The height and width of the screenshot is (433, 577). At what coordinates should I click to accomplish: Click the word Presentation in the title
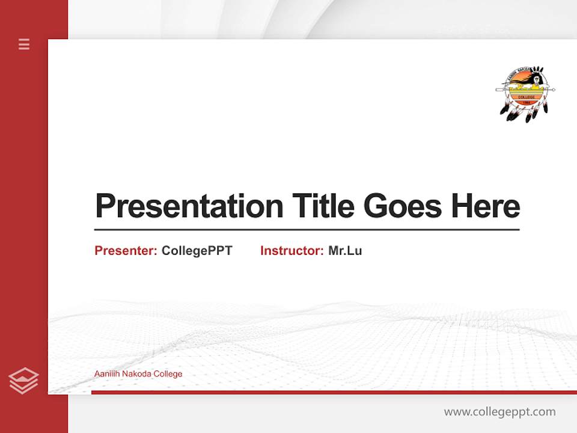click(189, 206)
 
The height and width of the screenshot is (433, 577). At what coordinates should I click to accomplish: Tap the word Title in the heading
click(323, 206)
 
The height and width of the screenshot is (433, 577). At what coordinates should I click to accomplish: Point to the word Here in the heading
click(486, 206)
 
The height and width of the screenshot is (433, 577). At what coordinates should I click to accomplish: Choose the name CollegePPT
click(197, 251)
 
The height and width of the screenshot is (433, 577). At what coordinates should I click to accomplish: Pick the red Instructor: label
click(292, 251)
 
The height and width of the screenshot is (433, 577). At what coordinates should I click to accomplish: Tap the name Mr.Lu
click(345, 251)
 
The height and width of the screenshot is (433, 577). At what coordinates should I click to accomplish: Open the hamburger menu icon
click(24, 44)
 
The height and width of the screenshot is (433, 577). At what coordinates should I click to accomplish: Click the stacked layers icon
click(23, 381)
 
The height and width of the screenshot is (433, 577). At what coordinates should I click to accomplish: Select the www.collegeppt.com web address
click(499, 412)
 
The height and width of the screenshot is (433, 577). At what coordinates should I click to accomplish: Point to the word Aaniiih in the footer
click(106, 374)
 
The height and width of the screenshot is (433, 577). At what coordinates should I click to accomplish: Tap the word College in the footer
click(168, 374)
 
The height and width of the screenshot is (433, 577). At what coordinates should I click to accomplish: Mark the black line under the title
click(307, 230)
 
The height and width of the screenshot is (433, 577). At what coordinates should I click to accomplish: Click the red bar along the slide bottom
click(334, 392)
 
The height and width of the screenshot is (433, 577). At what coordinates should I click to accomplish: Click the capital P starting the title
click(105, 206)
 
